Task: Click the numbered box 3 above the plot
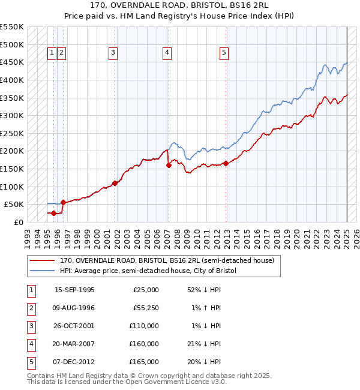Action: [x=112, y=53]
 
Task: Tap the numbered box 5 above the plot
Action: [x=224, y=53]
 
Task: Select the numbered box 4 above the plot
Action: [x=166, y=53]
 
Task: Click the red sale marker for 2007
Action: [x=169, y=165]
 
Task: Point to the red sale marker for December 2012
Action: [x=226, y=163]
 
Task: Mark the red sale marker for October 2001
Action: [x=115, y=183]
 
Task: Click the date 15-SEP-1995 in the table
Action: [x=74, y=290]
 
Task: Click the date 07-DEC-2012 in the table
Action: [x=74, y=362]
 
